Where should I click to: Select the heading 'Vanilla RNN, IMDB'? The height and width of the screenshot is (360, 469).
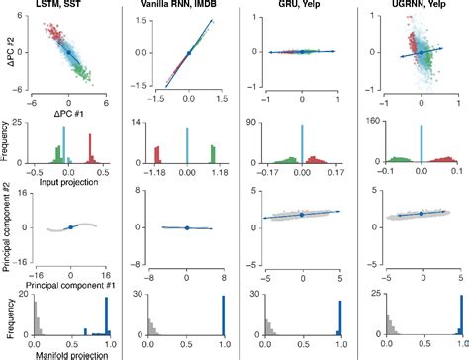[x=186, y=7]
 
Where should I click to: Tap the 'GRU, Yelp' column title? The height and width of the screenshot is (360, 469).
[x=303, y=7]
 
